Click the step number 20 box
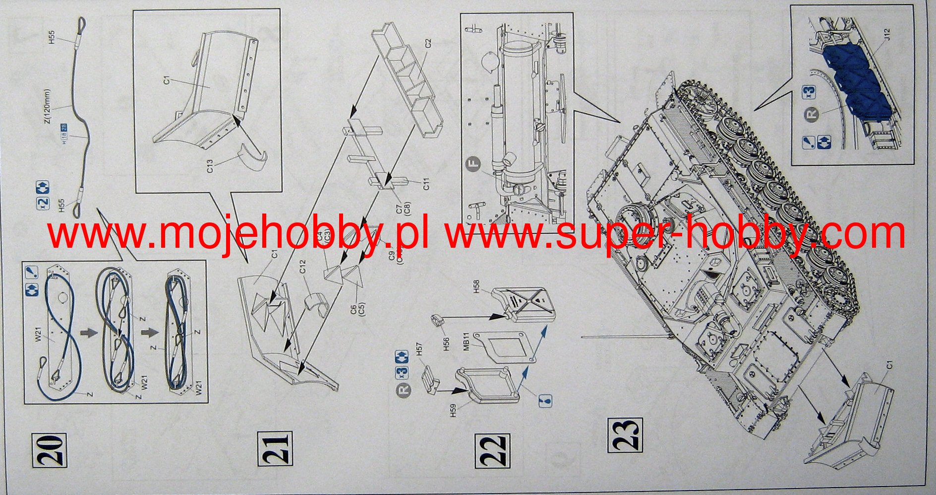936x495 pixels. coord(50,450)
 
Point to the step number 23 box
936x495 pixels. coord(625,435)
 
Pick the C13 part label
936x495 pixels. coord(210,166)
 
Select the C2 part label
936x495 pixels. coord(428,43)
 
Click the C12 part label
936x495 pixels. coord(302,266)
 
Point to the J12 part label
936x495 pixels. coord(887,34)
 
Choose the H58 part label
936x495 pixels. coord(476,286)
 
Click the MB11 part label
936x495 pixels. coord(467,343)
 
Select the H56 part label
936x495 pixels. coord(446,344)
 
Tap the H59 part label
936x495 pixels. coord(453,410)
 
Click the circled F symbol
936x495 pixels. coord(474,163)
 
